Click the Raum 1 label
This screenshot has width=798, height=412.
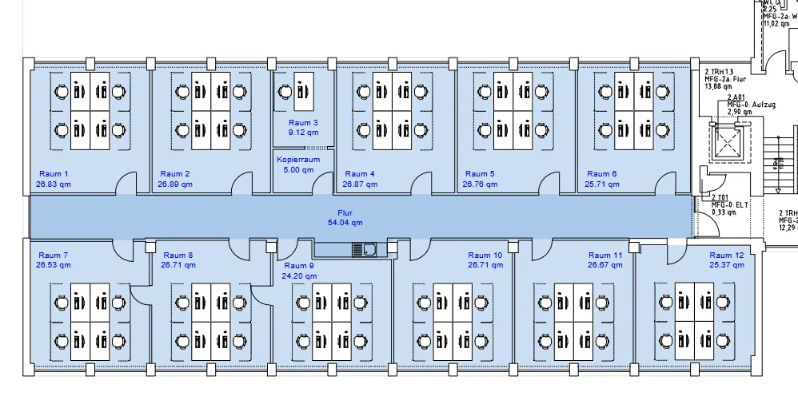click(54, 173)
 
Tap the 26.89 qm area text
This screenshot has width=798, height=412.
click(174, 184)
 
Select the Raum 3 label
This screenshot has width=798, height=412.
click(303, 123)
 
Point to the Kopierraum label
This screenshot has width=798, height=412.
click(298, 160)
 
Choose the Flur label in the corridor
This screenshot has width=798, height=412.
click(345, 213)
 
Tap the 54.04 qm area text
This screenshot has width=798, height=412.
click(345, 223)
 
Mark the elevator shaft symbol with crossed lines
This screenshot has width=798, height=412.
click(729, 145)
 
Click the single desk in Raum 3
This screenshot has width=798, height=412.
click(304, 92)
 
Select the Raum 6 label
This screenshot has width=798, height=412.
click(601, 173)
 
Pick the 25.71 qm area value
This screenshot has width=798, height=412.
click(601, 184)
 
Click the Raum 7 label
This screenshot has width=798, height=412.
click(53, 233)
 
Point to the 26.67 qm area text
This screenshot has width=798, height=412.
click(604, 243)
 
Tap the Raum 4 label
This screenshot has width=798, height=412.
click(360, 173)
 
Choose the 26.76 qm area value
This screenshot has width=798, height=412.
click(480, 184)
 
